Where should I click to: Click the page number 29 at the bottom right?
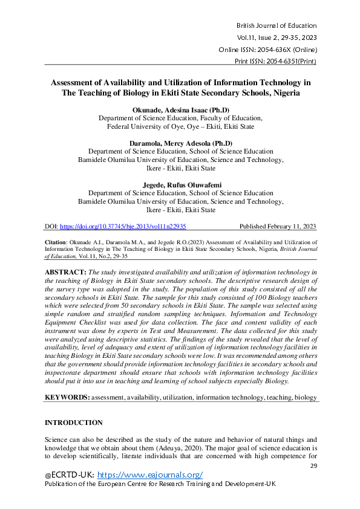313,466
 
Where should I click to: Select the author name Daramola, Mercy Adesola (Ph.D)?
180,143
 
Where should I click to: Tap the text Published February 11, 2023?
278,227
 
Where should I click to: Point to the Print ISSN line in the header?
275,62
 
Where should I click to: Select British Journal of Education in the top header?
277,25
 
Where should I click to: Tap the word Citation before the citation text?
57,241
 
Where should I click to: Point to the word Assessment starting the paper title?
72,82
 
